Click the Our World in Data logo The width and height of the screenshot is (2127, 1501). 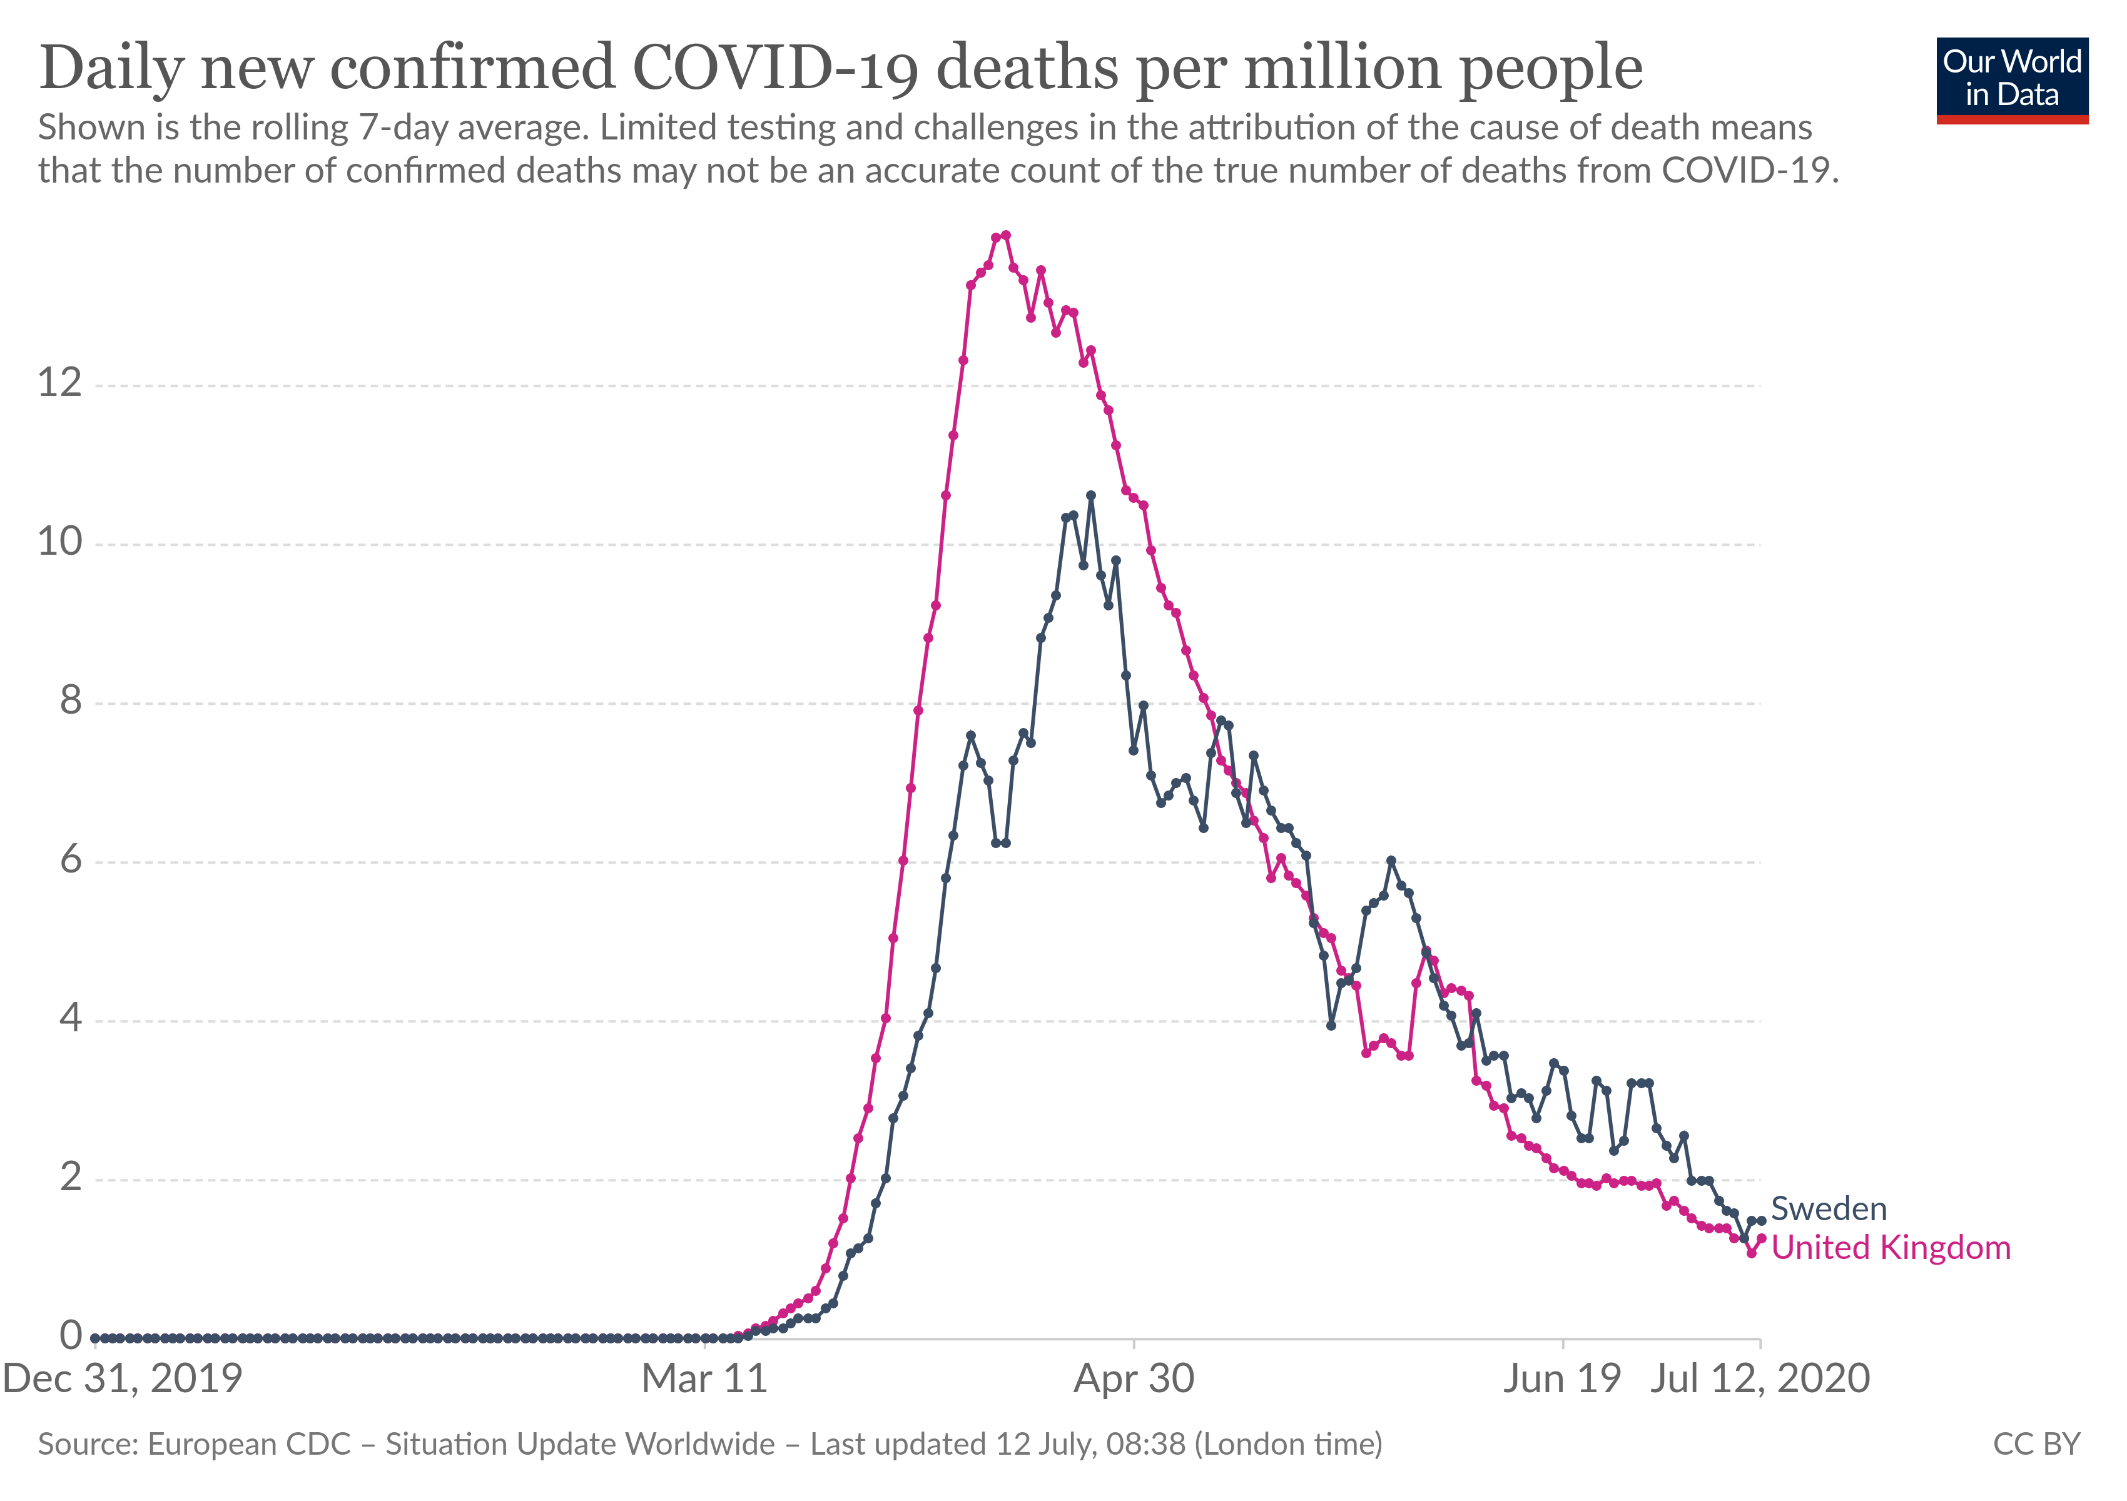tap(2011, 79)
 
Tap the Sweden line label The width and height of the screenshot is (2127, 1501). tap(1828, 1208)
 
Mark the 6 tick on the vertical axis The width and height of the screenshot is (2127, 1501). tap(71, 859)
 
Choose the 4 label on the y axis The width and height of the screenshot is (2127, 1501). tap(71, 1019)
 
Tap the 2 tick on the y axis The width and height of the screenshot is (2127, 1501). tap(71, 1177)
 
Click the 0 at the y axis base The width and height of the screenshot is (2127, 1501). tap(71, 1335)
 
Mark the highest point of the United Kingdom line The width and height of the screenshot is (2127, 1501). tap(1006, 235)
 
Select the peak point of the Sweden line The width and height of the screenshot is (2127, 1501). tap(1090, 495)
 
